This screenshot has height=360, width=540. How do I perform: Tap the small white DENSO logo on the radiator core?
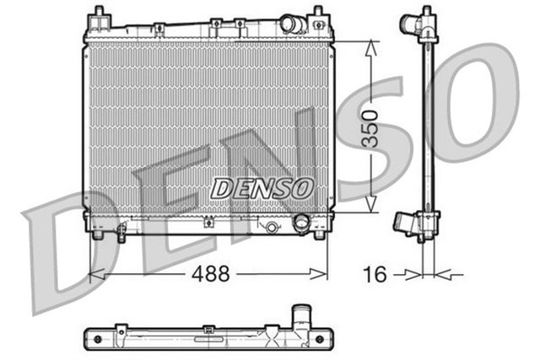pos(262,188)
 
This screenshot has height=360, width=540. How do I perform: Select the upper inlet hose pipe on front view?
pos(292,24)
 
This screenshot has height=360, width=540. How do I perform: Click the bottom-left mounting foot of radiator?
pos(98,234)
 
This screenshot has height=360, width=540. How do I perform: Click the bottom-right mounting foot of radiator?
pos(319,234)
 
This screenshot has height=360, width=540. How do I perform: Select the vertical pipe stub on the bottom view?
pos(300,318)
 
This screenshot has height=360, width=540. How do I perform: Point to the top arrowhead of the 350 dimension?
pos(370,44)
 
